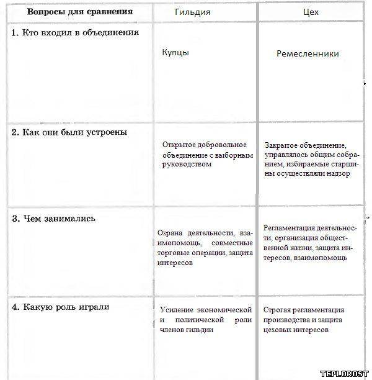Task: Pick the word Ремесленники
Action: [308, 54]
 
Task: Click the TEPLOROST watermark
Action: [344, 373]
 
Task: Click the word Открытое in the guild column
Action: [179, 144]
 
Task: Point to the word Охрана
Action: [170, 233]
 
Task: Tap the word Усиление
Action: [176, 309]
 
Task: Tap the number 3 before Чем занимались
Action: [15, 219]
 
